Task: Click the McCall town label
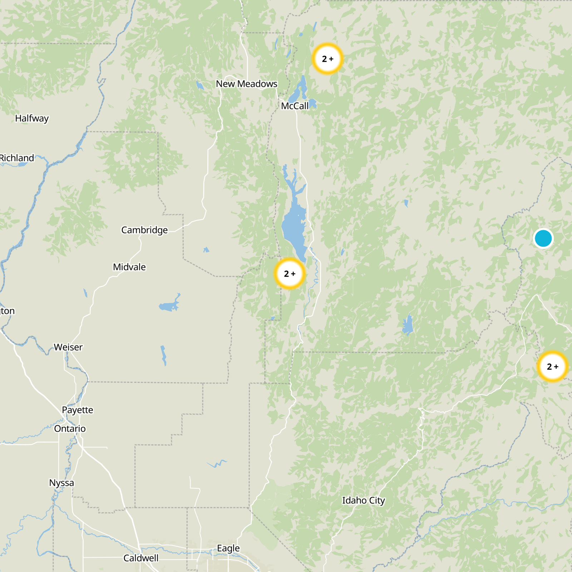[295, 106]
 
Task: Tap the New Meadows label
[246, 84]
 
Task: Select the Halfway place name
[32, 118]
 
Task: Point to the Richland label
[17, 158]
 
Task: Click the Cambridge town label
[144, 230]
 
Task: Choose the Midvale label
[129, 267]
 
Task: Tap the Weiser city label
[68, 347]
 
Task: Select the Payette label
[78, 410]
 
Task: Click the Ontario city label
[70, 429]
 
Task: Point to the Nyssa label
[61, 483]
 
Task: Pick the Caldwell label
[141, 558]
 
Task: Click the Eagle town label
[228, 548]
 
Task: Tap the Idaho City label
[364, 500]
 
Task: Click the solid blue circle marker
[543, 238]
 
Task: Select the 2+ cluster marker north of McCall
[327, 59]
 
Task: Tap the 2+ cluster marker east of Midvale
[290, 274]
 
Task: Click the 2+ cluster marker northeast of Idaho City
[552, 366]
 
